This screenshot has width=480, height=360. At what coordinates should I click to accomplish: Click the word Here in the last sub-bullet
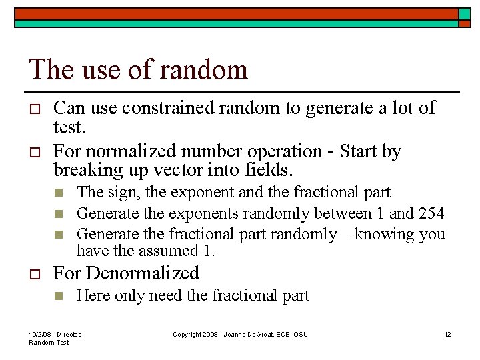click(92, 295)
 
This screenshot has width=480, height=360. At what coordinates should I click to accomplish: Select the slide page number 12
click(447, 334)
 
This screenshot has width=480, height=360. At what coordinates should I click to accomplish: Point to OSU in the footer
click(300, 334)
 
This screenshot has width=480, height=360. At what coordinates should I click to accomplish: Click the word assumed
click(164, 251)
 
